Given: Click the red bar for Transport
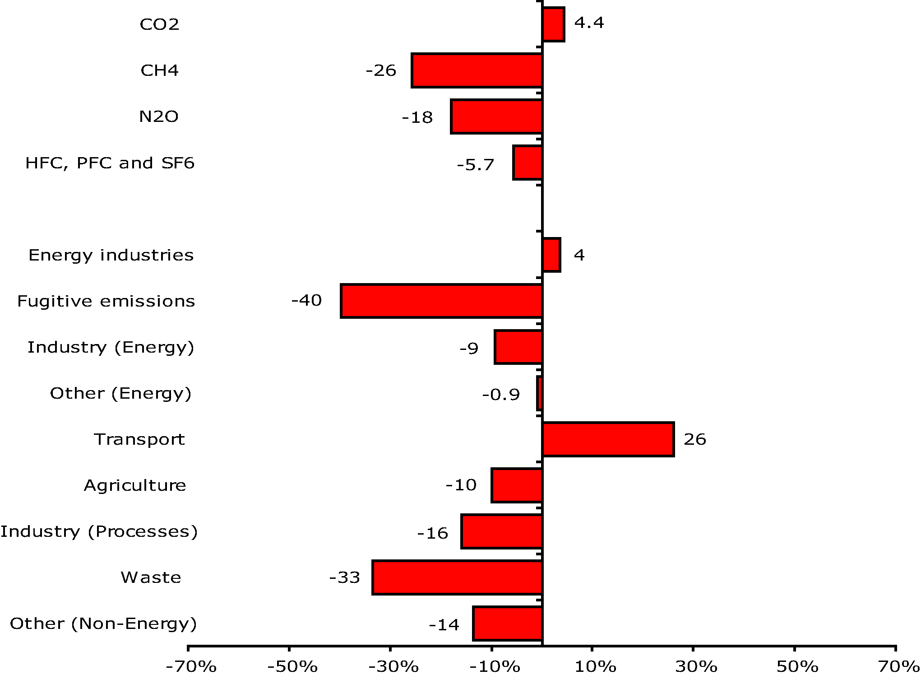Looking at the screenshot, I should tap(608, 439).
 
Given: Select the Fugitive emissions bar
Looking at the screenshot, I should tap(441, 301).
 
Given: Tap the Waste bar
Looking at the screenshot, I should tap(457, 577).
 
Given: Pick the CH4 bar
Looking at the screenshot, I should tap(477, 70).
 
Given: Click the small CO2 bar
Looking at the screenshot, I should tap(553, 24).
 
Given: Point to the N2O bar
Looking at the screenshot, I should tap(496, 116).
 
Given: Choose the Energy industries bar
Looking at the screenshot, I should tap(551, 255).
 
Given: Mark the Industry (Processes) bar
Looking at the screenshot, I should tap(501, 531).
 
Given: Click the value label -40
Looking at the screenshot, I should tap(306, 300).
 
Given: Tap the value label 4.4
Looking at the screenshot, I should tap(589, 23).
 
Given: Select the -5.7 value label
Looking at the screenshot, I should tap(476, 165).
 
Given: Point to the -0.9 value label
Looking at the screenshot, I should tap(501, 395).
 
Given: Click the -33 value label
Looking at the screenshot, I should tap(344, 577).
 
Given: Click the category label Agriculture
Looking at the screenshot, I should tap(135, 485).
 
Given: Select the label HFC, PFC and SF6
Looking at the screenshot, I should tap(110, 163).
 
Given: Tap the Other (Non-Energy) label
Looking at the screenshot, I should tap(103, 624).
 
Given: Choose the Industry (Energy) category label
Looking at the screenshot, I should tap(111, 347).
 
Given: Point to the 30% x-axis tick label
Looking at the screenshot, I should tap(696, 666).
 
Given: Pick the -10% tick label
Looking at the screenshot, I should tap(495, 666).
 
